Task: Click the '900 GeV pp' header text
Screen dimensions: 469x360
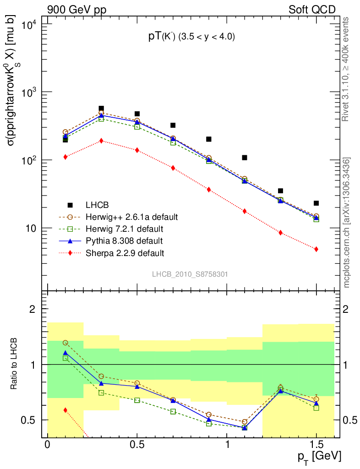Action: point(76,10)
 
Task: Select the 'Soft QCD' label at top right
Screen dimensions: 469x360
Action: point(312,10)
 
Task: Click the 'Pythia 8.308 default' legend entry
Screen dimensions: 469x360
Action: point(124,240)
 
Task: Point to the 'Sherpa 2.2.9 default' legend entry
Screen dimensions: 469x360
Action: point(125,252)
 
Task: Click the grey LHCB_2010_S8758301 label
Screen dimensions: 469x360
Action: point(190,274)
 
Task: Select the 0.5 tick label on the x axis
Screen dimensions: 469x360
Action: point(137,445)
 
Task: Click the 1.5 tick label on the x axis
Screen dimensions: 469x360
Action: point(316,445)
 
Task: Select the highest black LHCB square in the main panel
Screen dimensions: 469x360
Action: point(101,109)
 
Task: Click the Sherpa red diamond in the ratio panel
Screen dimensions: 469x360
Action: point(65,410)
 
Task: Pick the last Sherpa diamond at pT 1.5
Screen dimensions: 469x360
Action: point(316,249)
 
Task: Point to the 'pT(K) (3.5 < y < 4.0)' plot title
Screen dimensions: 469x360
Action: point(191,37)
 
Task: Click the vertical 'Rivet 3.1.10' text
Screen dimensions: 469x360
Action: point(346,69)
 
